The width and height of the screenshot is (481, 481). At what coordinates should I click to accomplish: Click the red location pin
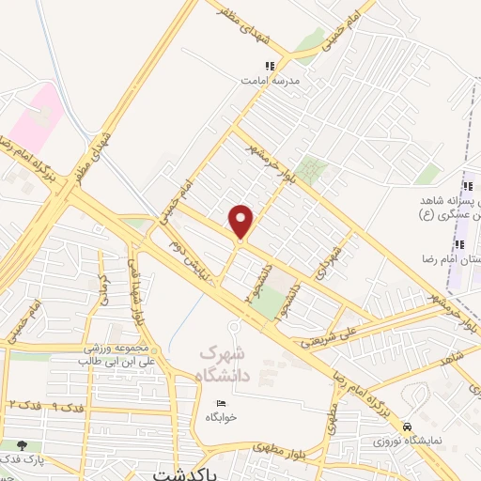coord(242,222)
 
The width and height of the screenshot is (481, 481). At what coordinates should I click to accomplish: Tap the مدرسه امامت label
coord(272,81)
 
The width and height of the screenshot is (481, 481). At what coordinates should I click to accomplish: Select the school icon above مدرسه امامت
coord(271,66)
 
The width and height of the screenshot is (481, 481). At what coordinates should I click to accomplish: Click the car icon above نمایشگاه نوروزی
coord(406,425)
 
